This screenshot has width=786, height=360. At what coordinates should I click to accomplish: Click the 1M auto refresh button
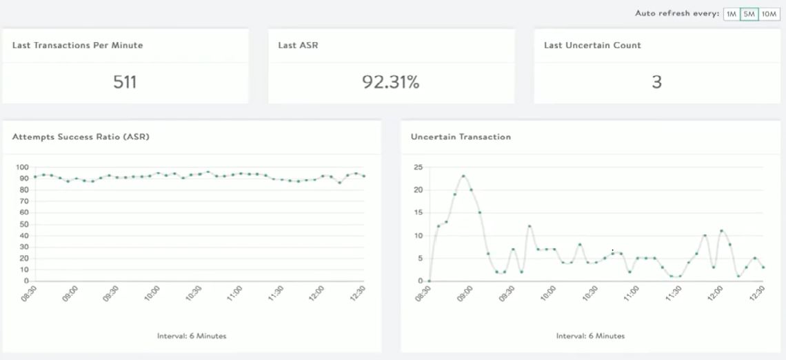731,14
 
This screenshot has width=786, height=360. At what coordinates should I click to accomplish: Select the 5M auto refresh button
749,14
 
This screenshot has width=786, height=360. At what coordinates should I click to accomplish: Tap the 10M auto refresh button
769,14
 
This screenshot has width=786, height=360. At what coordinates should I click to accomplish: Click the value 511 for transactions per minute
125,82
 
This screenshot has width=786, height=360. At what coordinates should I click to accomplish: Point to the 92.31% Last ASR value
391,82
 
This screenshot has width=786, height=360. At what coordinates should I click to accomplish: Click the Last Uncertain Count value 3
656,82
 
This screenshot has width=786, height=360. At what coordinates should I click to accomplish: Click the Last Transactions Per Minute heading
78,46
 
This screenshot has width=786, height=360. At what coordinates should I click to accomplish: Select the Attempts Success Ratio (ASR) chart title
81,137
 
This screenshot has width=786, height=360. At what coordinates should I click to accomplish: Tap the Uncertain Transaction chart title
461,137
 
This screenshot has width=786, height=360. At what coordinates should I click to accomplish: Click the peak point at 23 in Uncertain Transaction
463,176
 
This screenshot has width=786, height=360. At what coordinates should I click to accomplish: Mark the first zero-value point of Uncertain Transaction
430,281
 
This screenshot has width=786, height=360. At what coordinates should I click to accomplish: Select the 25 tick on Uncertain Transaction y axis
417,168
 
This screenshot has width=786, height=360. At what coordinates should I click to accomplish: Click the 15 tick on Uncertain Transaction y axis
417,213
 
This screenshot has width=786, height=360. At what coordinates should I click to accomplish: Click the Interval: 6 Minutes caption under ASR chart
191,337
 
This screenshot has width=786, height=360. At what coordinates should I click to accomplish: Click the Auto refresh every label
677,14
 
